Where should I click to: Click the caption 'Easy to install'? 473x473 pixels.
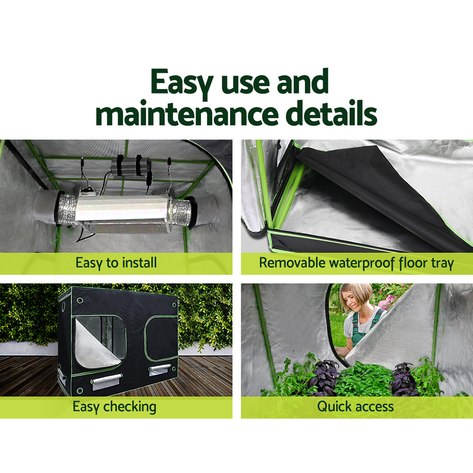pyautogui.click(x=116, y=263)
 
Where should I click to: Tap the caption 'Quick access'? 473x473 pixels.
pyautogui.click(x=355, y=406)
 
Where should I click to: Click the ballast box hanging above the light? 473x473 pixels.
pyautogui.click(x=131, y=166)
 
